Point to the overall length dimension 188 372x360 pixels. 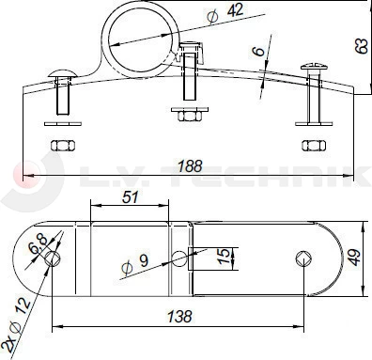coord(189,166)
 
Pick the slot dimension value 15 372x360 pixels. coord(222,257)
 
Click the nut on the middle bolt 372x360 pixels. coord(191,115)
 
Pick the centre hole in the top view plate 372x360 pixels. coord(181,258)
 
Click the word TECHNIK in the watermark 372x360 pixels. coord(304,174)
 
